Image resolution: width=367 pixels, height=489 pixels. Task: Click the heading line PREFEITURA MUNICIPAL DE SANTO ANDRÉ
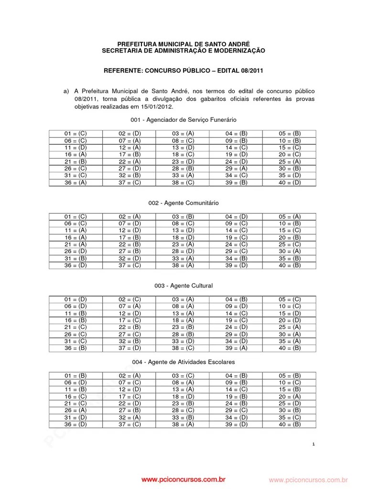(183, 44)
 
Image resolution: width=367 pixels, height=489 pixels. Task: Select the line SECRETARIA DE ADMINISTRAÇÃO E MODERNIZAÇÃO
(183, 51)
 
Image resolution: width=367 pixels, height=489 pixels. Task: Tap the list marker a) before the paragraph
(67, 91)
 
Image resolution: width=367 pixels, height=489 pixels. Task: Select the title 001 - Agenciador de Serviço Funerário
(183, 120)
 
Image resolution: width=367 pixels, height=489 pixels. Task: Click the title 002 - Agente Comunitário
(183, 203)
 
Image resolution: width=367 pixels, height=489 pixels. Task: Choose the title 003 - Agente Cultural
(183, 286)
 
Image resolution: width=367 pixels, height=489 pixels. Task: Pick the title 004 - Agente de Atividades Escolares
(183, 362)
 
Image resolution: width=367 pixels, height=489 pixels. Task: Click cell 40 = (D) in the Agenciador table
(290, 182)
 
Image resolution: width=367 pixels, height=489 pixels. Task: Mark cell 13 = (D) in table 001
(183, 148)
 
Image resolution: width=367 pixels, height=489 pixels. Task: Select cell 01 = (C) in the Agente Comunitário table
(76, 216)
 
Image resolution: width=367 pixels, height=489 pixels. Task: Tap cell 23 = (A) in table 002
(183, 244)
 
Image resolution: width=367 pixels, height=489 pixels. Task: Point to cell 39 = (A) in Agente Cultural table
(237, 348)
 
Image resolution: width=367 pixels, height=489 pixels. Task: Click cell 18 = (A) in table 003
(183, 320)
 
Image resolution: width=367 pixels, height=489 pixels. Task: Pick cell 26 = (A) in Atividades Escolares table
(76, 410)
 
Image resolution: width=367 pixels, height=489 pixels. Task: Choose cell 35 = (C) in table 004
(290, 417)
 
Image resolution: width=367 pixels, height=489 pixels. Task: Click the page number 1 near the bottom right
(313, 445)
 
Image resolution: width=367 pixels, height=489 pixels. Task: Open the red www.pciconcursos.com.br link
(183, 479)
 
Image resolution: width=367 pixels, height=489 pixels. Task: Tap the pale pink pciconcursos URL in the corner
(308, 479)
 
